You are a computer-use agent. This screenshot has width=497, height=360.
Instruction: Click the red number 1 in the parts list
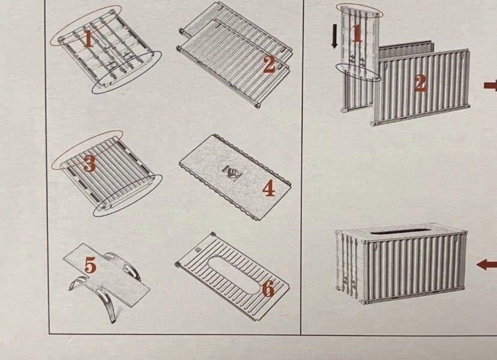tap(88, 40)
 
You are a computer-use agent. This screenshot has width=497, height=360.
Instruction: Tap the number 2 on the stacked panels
tap(270, 65)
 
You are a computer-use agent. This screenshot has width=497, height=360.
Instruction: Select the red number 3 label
tap(89, 164)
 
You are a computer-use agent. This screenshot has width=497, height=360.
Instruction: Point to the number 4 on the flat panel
tap(268, 189)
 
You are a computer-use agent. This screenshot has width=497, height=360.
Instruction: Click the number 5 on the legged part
tap(91, 265)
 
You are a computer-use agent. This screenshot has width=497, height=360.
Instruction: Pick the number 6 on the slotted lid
tap(268, 289)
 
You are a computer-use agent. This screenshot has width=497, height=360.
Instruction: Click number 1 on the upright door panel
tap(357, 33)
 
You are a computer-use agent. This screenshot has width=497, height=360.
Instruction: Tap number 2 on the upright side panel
tap(420, 83)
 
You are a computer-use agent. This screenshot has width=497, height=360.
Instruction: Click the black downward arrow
tap(334, 37)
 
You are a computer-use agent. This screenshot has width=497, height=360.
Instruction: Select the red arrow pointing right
tap(490, 85)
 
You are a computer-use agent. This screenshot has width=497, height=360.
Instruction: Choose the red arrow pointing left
tap(487, 265)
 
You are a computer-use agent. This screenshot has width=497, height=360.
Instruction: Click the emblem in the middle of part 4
tap(233, 172)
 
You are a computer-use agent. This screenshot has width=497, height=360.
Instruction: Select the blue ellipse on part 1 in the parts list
tap(127, 72)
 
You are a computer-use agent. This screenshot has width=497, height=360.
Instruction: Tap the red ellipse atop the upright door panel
tap(360, 11)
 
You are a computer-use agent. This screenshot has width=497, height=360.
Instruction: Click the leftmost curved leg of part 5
tap(77, 282)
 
